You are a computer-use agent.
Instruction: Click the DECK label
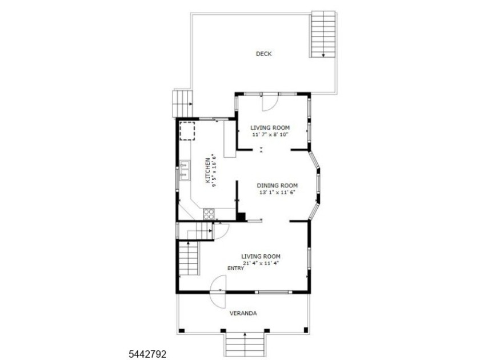263,54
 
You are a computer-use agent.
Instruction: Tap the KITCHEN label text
208,170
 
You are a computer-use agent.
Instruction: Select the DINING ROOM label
277,186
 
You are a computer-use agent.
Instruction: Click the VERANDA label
243,313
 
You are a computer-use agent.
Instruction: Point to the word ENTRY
235,269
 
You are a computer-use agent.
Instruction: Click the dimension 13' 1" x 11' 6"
277,193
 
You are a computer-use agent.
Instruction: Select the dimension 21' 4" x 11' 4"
261,263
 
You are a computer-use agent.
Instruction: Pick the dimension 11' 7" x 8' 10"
270,134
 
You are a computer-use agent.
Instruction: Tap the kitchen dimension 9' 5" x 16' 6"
215,170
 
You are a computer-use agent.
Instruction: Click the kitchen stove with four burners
209,214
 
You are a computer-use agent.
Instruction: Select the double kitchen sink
185,170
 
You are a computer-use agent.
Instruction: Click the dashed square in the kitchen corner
187,131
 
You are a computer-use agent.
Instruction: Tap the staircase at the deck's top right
323,34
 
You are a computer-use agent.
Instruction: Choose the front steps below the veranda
245,345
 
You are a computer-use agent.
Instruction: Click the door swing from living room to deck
270,102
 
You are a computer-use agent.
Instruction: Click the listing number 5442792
147,354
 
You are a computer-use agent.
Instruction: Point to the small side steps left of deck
183,103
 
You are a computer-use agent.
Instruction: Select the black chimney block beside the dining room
242,216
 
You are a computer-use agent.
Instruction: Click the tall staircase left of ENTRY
189,259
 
